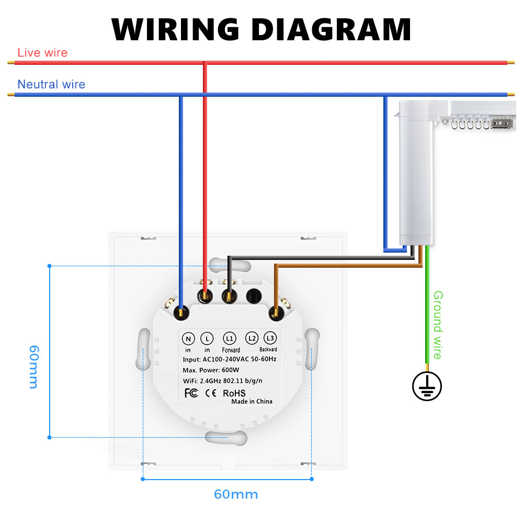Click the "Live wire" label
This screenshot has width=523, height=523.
42,53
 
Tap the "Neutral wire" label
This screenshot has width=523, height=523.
51,84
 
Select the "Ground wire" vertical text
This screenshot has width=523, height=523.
438,325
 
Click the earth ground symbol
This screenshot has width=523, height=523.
427,387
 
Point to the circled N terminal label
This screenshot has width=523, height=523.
188,338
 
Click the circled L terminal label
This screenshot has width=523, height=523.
207,338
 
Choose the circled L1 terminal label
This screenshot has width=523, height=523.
230,338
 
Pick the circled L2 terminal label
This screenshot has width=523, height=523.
252,338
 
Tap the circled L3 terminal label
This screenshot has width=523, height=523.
270,338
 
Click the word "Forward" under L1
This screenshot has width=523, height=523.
231,350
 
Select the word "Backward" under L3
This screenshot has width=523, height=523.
268,349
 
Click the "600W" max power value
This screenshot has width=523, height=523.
244,369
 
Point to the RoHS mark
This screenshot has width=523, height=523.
234,393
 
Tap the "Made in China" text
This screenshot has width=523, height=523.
252,402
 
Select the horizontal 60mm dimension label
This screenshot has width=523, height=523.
235,494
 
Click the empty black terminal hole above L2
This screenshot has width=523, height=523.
254,296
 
